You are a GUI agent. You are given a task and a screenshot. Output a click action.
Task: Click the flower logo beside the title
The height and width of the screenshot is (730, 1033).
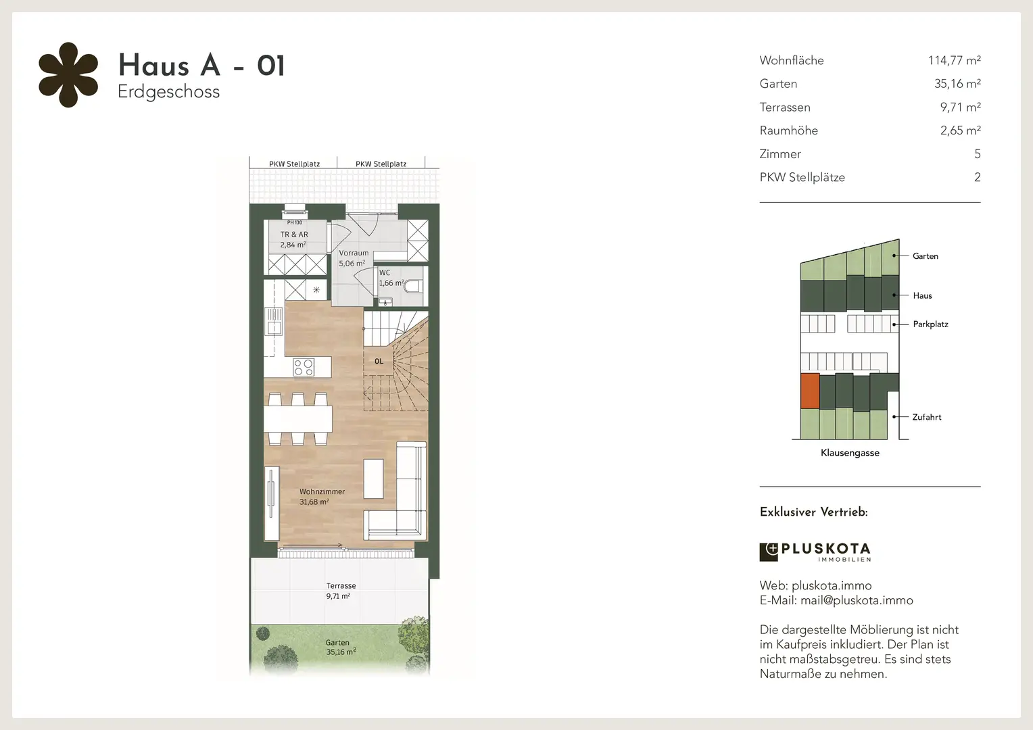coord(68,75)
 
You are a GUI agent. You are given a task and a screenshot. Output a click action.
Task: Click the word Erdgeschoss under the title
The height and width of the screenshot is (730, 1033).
coord(169,92)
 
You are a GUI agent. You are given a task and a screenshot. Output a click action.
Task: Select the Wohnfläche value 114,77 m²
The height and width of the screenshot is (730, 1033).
coord(954,60)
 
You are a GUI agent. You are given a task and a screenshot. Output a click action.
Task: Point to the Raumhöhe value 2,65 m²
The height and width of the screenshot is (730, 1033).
coord(961,130)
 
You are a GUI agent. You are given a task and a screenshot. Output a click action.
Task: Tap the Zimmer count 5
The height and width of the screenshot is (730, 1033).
coord(977,154)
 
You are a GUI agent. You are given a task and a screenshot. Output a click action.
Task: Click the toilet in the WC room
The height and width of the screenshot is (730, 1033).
coord(412,286)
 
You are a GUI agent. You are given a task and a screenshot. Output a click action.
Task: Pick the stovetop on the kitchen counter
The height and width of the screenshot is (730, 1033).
coord(304,368)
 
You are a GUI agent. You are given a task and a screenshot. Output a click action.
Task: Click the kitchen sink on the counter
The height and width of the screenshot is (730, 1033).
coord(274,321)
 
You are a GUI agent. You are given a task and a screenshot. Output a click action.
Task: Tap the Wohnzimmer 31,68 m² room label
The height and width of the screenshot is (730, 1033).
coord(322,497)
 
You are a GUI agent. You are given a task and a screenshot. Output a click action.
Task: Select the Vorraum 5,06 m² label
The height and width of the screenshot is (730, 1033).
coord(354,258)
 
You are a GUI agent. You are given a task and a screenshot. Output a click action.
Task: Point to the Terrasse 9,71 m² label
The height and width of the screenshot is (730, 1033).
coord(341,591)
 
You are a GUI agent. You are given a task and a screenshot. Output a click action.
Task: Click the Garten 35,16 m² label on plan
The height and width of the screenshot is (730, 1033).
coord(341,647)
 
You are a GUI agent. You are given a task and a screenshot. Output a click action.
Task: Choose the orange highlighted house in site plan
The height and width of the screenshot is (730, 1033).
coord(810,391)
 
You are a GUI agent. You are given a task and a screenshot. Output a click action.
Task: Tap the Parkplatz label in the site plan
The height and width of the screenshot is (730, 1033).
coord(931,324)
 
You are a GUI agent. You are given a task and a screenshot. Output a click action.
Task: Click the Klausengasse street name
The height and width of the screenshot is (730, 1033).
coord(850,453)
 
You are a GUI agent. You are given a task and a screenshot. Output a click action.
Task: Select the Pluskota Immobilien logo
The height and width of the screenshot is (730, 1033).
coord(815,552)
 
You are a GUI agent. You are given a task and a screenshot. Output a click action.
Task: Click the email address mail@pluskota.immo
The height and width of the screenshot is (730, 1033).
coord(857,600)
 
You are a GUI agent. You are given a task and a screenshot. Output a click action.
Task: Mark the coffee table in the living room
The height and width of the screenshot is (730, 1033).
coord(373,478)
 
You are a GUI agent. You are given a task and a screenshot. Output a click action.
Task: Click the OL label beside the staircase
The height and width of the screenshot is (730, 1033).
coord(379,361)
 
